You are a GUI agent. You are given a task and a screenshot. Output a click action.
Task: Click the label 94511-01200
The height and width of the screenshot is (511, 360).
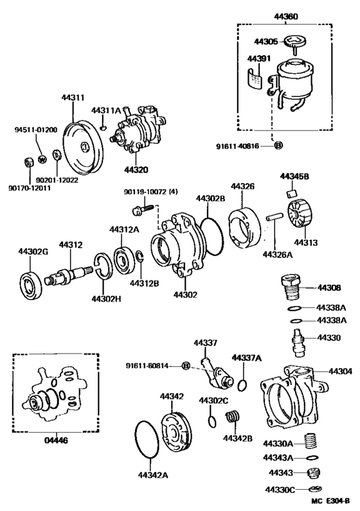(35, 129)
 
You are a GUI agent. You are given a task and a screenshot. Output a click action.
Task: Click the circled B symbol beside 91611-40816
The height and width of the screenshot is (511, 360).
(278, 146)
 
